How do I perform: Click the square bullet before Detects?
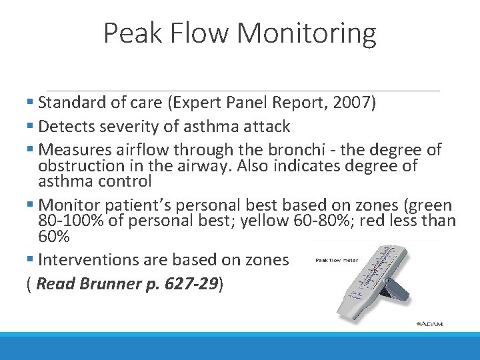[31, 127]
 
